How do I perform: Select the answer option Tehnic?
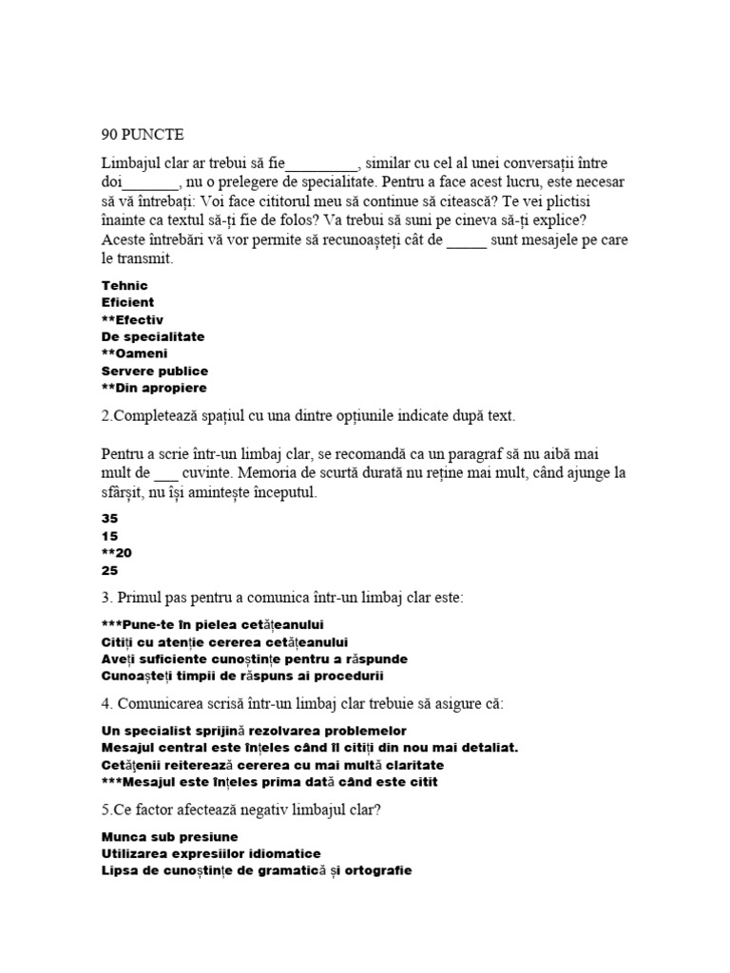125,285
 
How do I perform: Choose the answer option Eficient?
127,302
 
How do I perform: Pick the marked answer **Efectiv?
132,319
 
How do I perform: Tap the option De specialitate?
152,336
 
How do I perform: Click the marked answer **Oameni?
134,353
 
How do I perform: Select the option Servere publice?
154,371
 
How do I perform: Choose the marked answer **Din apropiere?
153,388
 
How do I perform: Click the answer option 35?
109,519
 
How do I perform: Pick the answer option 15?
109,536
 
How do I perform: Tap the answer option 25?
109,570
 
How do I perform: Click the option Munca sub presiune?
169,836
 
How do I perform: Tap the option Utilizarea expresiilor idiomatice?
210,853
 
